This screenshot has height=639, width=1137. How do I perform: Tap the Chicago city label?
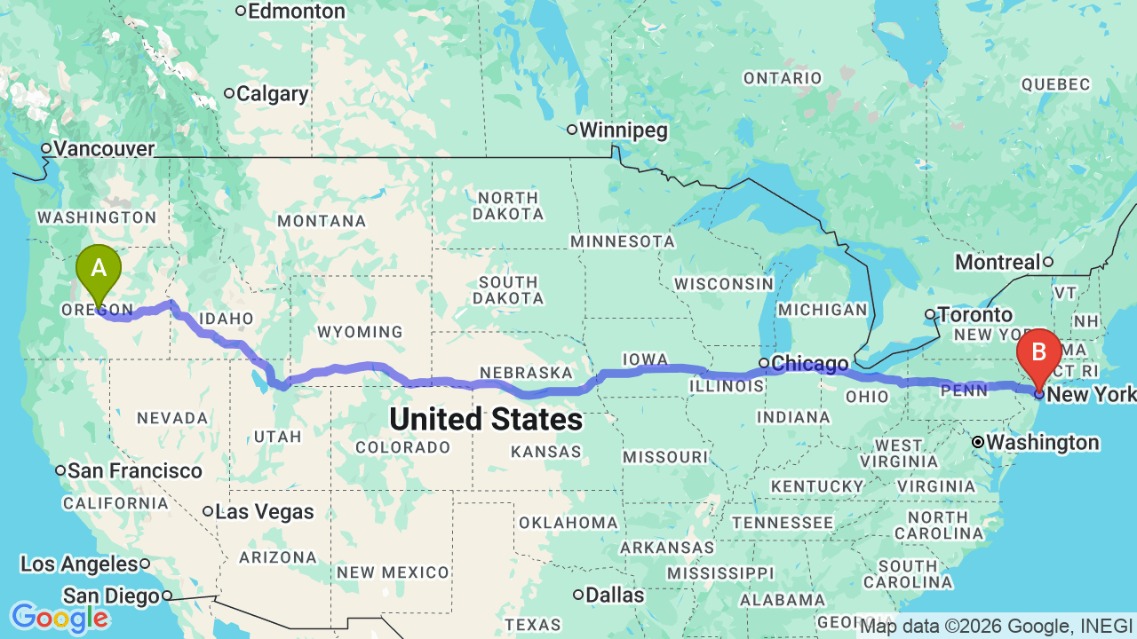(809, 364)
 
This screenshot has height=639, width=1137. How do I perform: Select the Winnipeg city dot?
(572, 130)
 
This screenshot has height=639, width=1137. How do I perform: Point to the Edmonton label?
(296, 12)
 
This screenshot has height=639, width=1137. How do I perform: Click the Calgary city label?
(273, 94)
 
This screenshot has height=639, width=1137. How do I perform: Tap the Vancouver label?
(104, 149)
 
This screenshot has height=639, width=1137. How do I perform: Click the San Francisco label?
(134, 471)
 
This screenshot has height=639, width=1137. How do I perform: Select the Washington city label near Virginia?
(1042, 442)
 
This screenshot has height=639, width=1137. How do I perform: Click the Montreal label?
(997, 263)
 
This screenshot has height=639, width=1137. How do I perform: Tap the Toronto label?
(975, 315)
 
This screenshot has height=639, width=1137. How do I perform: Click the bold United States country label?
(486, 420)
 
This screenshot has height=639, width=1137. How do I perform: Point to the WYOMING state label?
(360, 332)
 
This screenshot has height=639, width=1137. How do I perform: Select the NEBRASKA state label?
(526, 373)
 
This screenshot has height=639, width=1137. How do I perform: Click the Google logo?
(60, 618)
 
